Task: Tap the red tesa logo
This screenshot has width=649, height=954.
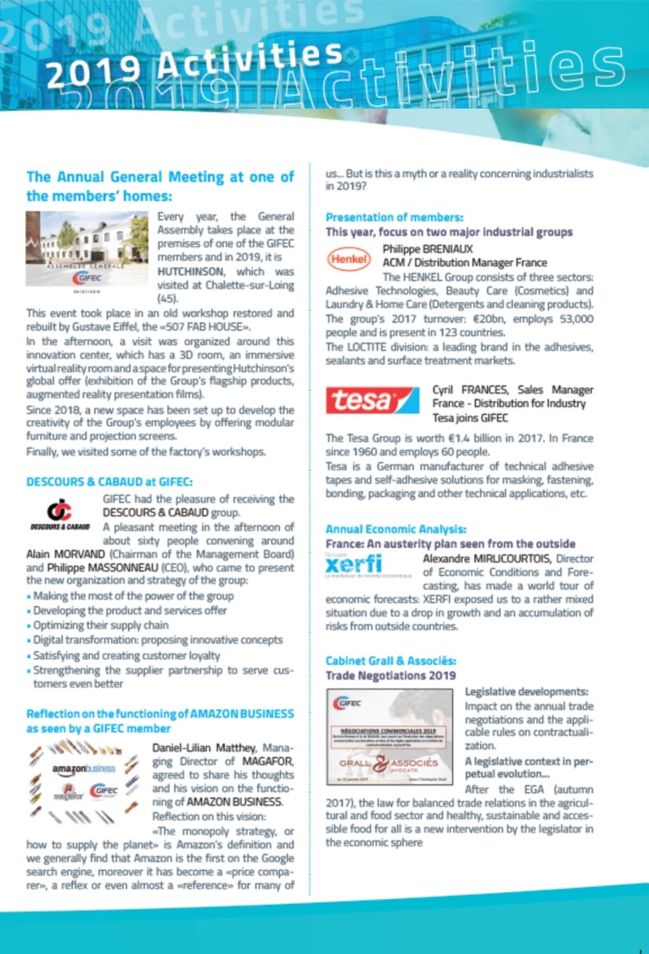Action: pos(372,400)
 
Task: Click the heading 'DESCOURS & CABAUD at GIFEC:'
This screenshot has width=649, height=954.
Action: pos(109,482)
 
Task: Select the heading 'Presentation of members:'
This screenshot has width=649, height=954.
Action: pos(394,216)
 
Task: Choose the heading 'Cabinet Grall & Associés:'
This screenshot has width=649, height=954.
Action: pos(391,660)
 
